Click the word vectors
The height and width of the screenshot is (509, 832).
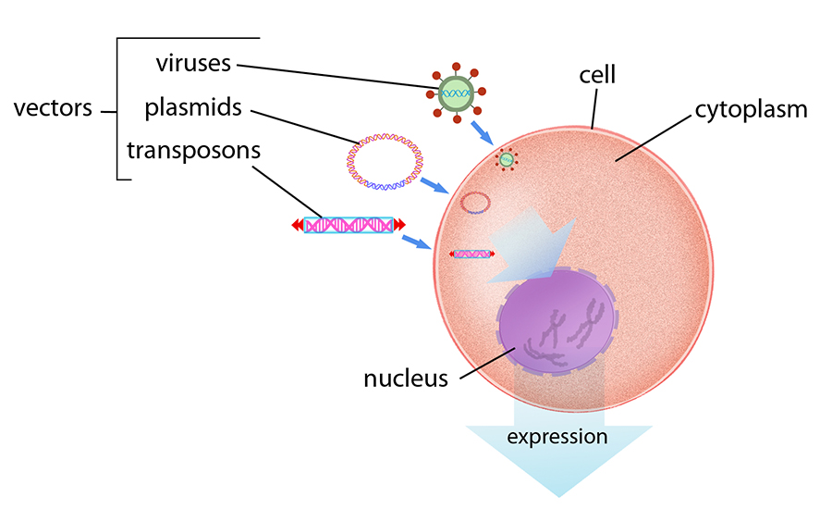point(53,108)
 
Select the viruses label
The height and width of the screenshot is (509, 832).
point(193,64)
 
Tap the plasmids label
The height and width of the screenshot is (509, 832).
point(193,107)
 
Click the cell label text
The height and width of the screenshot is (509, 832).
point(597,73)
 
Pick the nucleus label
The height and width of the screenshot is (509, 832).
point(405,378)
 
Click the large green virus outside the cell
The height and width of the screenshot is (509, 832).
point(454,93)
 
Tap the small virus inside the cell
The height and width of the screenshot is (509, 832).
point(506,160)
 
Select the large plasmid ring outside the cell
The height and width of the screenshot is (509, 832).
point(384,162)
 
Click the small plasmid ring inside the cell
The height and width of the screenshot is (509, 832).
point(474,203)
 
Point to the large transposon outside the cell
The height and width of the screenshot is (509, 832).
point(349,225)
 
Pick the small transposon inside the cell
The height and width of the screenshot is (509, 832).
point(471,253)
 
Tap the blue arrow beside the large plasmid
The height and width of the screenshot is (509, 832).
point(434,185)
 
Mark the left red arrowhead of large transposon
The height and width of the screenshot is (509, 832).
point(297,225)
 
